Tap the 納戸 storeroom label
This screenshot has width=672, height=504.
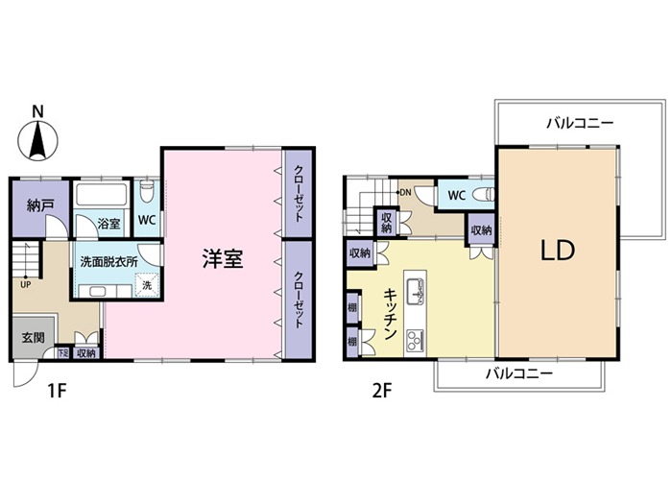[40, 205]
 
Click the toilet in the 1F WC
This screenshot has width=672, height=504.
[147, 192]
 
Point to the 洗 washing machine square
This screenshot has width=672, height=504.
[147, 285]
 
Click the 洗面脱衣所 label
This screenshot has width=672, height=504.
[108, 262]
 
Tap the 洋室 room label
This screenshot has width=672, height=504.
[223, 258]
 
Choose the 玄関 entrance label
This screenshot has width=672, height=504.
[33, 337]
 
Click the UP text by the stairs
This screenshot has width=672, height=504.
[25, 284]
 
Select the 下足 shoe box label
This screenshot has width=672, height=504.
[62, 353]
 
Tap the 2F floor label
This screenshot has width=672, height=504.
[382, 391]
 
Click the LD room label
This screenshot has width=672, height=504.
[557, 252]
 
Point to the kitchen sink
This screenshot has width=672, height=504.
[415, 291]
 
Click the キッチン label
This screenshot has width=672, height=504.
[390, 314]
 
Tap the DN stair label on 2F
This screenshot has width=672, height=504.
[405, 192]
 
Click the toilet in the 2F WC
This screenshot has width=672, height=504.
[484, 195]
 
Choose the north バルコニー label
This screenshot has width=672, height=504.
[580, 124]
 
